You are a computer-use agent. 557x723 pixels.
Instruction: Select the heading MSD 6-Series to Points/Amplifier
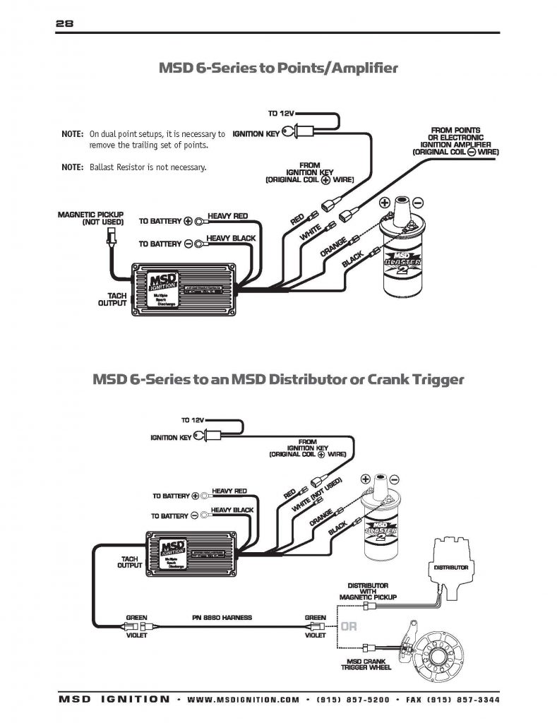tap(278, 68)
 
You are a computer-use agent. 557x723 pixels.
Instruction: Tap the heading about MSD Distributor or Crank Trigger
tap(278, 379)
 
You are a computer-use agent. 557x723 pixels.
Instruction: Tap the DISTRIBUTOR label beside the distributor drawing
tap(450, 568)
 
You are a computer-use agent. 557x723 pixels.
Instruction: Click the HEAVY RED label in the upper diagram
tap(227, 216)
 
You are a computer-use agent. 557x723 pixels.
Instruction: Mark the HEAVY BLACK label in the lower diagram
tap(232, 510)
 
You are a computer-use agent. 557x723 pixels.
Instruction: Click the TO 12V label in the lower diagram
tap(193, 420)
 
